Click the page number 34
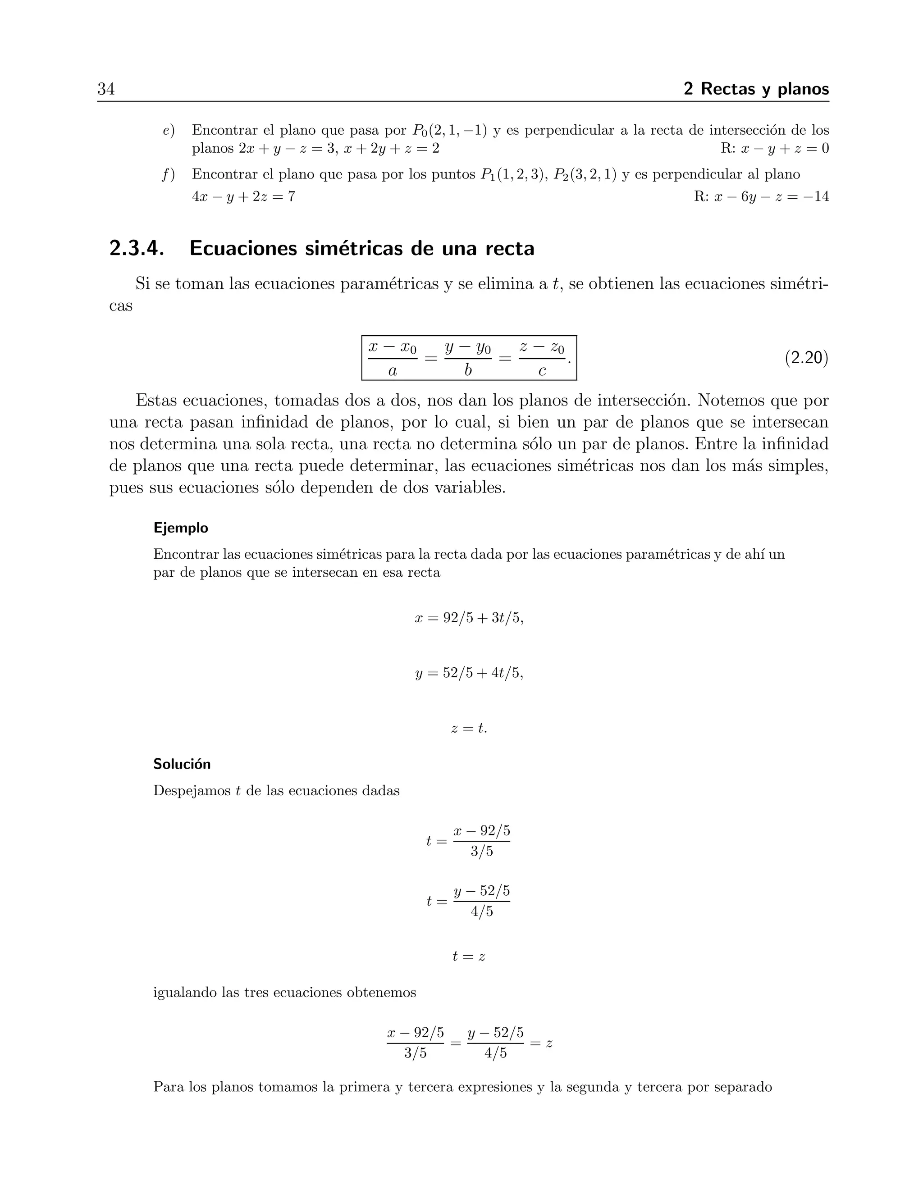pos(106,89)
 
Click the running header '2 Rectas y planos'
pos(756,89)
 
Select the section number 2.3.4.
pos(137,249)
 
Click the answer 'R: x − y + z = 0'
pos(774,149)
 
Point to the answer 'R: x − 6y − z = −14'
pos(761,196)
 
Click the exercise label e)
pos(169,131)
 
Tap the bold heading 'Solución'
pos(182,764)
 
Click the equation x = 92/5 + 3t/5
pos(469,618)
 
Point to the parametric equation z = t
pos(469,728)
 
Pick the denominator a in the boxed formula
pos(392,371)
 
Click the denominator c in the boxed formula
pos(542,371)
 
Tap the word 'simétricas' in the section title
pos(346,249)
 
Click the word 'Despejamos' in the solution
pos(192,791)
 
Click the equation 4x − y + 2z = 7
pos(243,196)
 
